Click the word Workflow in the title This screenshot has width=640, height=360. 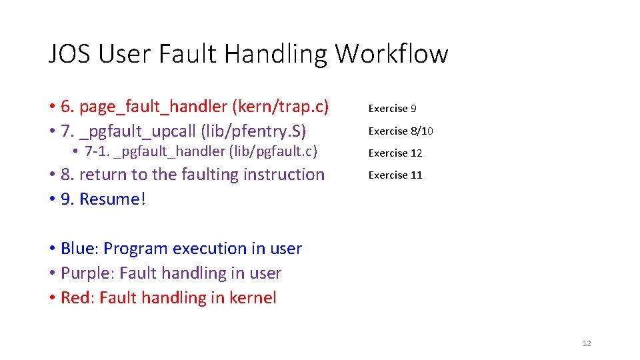(391, 53)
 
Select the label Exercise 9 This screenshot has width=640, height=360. (393, 109)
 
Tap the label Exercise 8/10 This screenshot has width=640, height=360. (401, 131)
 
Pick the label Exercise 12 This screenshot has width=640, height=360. (395, 153)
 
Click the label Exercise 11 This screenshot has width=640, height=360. (395, 175)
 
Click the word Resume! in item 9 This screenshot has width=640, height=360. (112, 199)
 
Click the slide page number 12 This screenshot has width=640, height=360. (587, 343)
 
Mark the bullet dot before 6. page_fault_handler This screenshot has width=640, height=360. (51, 107)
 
